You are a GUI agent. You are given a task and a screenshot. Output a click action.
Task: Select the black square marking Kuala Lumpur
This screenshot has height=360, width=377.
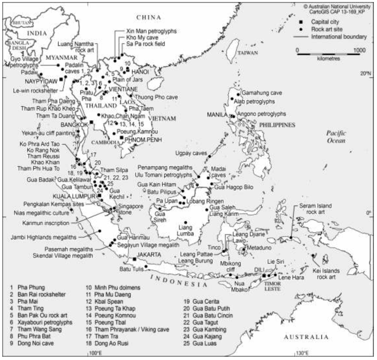(x=99, y=196)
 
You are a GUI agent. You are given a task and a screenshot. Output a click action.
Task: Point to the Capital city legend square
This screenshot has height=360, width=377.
(x=301, y=22)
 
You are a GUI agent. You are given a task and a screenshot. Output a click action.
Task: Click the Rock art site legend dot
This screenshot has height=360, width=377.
(x=301, y=29)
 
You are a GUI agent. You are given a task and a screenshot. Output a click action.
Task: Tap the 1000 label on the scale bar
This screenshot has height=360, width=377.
(x=359, y=50)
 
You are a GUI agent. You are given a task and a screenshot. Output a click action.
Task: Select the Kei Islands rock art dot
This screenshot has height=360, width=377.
(x=313, y=255)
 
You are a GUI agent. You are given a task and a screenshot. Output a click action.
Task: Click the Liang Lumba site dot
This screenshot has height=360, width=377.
(x=186, y=222)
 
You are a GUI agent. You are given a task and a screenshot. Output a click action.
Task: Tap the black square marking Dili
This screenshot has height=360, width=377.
(x=264, y=275)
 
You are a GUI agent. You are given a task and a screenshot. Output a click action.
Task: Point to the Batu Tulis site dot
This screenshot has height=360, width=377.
(x=146, y=266)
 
